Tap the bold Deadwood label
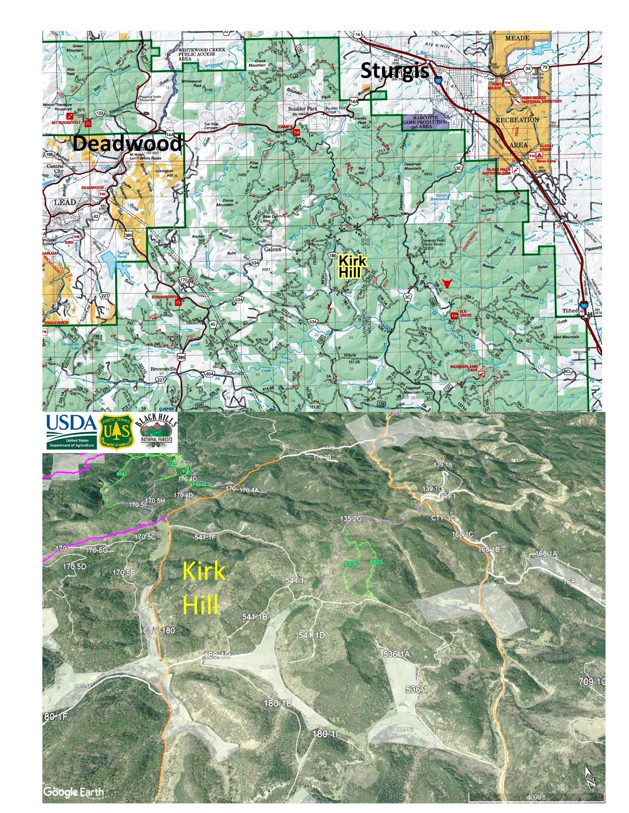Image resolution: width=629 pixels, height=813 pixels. click(127, 143)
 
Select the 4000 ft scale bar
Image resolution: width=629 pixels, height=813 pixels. click(536, 796)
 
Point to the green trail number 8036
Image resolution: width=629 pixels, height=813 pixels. click(350, 564)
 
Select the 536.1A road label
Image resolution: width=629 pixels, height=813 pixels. click(396, 654)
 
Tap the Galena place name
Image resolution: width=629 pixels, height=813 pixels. click(273, 249)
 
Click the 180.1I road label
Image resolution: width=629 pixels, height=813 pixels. click(325, 734)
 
